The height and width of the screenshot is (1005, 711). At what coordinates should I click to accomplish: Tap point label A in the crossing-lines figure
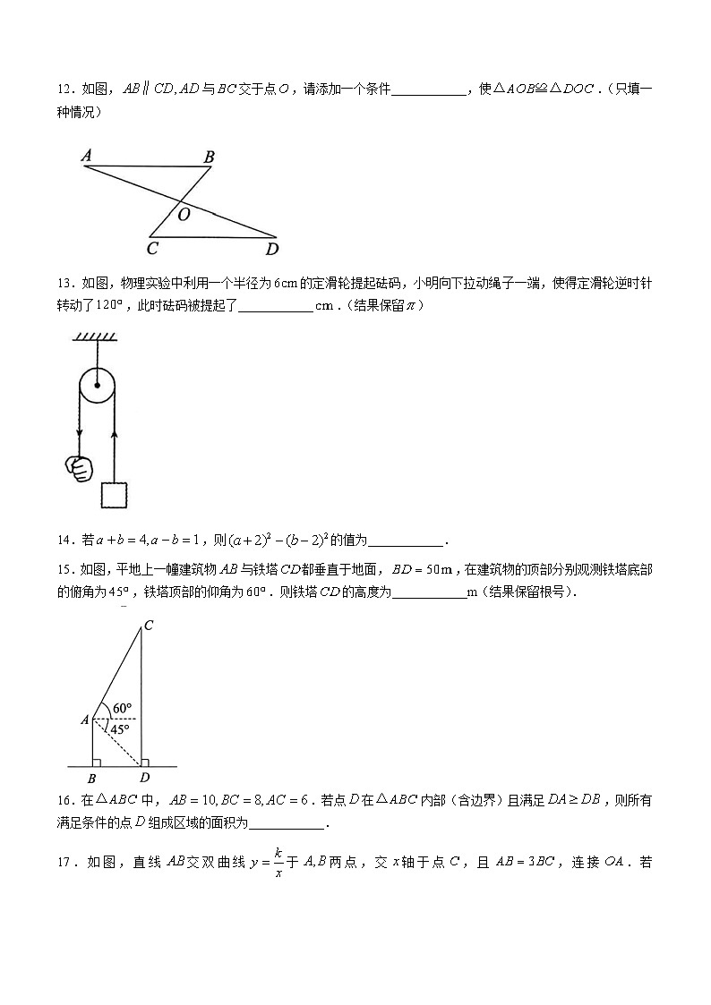[x=87, y=156]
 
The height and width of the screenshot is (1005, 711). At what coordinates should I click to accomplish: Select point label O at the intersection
[x=184, y=215]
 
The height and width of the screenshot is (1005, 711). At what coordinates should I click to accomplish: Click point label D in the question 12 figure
[x=271, y=249]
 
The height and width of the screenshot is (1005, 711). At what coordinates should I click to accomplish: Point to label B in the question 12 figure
[x=209, y=158]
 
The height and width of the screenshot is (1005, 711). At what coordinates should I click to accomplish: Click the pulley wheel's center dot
[x=96, y=387]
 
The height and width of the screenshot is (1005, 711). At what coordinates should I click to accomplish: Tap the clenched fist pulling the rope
[x=80, y=467]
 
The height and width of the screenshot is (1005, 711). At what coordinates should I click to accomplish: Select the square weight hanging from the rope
[x=115, y=495]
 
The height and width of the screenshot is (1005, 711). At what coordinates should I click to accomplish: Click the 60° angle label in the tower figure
[x=124, y=709]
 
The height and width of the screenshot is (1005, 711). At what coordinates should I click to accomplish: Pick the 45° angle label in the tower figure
[x=119, y=729]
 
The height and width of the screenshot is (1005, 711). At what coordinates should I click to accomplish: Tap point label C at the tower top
[x=148, y=626]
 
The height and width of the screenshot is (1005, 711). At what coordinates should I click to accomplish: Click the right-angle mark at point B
[x=97, y=762]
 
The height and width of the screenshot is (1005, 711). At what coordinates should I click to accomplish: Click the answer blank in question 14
[x=407, y=540]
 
